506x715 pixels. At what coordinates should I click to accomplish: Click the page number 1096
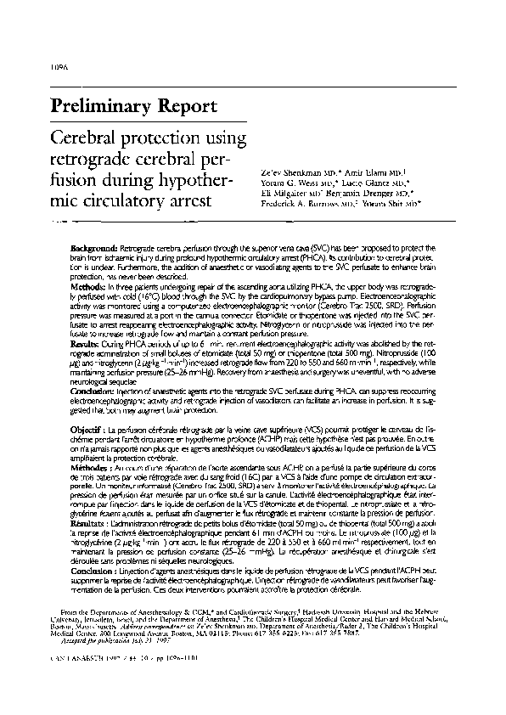tap(60, 66)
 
